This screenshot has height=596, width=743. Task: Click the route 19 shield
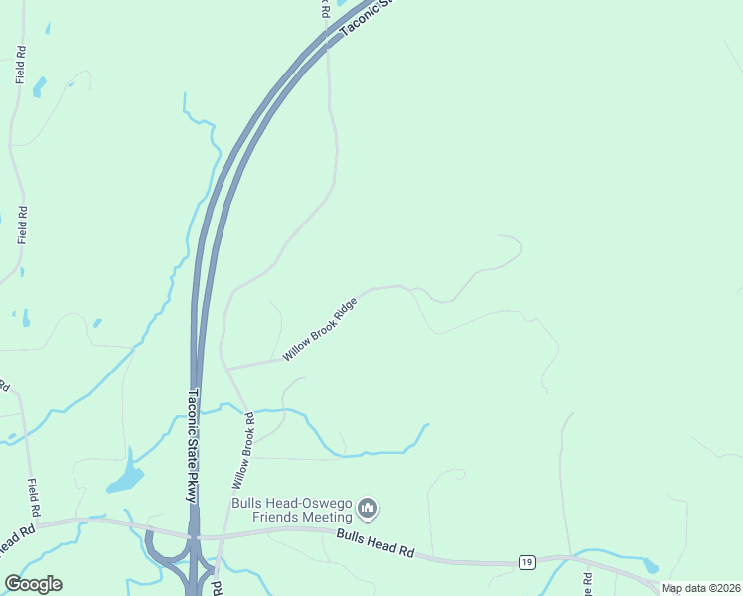pos(527,563)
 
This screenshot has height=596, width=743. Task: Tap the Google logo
pos(33,584)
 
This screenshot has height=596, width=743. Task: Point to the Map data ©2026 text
pos(701,588)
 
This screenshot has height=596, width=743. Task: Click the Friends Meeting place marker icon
pos(369,510)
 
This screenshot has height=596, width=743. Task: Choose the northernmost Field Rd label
pos(20,64)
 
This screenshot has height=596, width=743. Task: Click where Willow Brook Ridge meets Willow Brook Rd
pos(227,369)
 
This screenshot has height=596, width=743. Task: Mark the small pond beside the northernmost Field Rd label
pos(39,87)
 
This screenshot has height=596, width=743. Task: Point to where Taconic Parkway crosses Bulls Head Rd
pos(195,536)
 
